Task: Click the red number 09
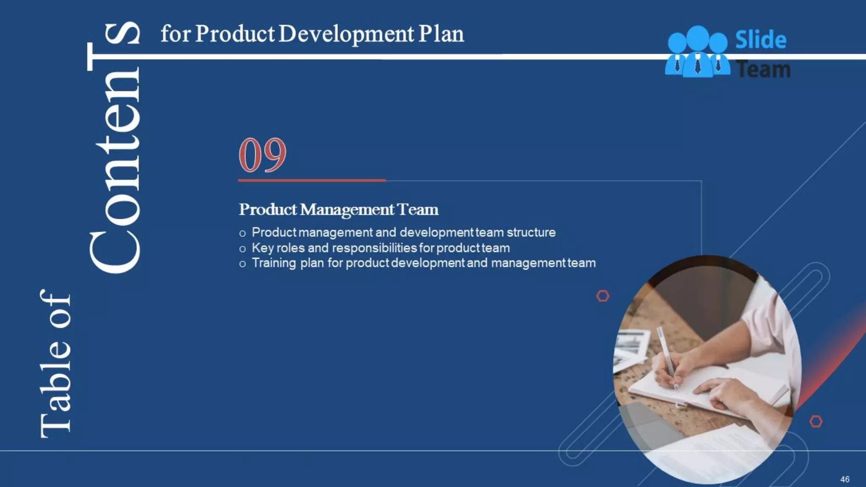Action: tap(263, 155)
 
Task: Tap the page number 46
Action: tap(844, 479)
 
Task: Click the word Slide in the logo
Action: tap(761, 40)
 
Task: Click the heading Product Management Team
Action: tap(338, 210)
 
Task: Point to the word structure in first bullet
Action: tap(531, 233)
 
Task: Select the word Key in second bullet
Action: tap(263, 248)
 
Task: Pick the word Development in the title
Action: tap(346, 34)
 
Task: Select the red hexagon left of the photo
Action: tap(603, 296)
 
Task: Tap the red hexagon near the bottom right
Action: tap(816, 421)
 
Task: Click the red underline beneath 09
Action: tap(312, 181)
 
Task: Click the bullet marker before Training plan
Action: tap(242, 264)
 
